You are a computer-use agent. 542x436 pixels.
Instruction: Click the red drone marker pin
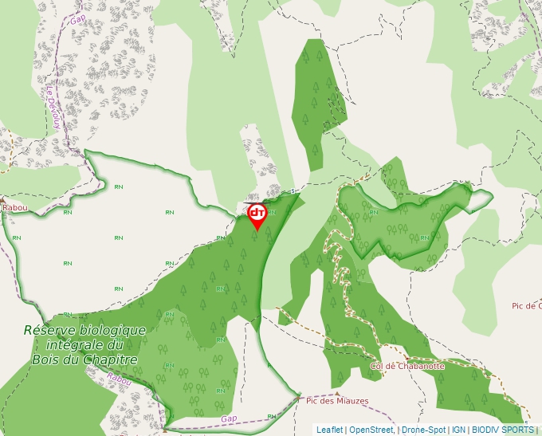257,214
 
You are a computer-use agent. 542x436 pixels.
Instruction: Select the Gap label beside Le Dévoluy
77,19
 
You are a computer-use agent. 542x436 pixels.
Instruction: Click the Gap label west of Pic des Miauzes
230,418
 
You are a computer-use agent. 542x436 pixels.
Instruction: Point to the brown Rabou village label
14,208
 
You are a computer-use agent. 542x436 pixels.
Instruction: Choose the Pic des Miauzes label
338,401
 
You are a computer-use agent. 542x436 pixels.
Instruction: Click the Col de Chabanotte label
407,367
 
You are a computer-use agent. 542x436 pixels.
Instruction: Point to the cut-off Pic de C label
526,305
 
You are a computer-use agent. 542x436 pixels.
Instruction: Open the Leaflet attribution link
329,430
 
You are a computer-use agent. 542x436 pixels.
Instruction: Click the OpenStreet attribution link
371,430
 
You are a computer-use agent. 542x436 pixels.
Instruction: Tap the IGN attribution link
458,430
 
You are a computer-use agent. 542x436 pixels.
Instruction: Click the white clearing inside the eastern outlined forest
480,202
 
